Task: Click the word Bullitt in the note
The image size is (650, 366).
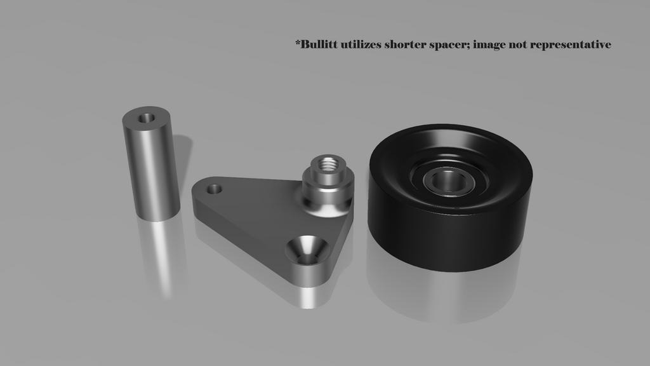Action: pos(319,44)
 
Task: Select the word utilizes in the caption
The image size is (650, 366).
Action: pos(361,44)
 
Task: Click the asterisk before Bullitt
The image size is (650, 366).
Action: pos(298,43)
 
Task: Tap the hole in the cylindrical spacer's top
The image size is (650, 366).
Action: pos(147,118)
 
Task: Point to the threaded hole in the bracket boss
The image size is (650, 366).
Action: pos(327,163)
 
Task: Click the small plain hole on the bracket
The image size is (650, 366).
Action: pos(215,189)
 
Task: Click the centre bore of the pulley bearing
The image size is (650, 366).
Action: pos(448,180)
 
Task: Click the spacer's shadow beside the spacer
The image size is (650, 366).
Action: pos(183,165)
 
